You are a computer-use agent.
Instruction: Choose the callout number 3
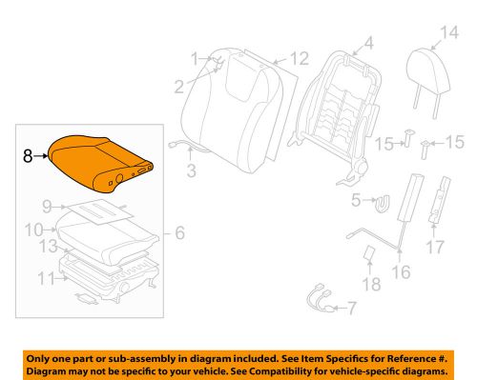point(192,171)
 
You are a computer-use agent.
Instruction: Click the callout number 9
point(46,205)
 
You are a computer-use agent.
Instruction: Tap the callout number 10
point(31,230)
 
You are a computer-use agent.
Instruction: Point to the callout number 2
point(178,89)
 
